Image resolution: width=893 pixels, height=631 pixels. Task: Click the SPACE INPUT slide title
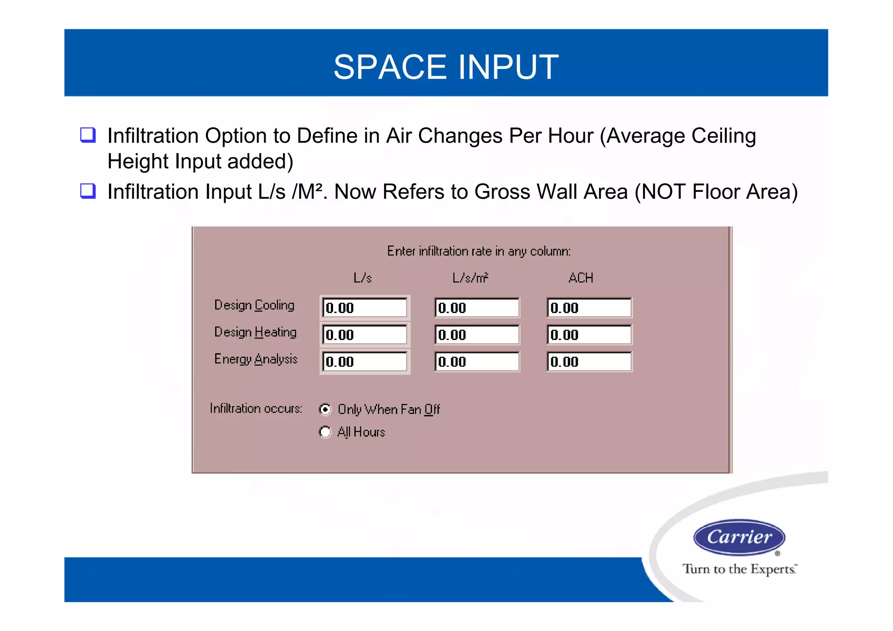(x=446, y=67)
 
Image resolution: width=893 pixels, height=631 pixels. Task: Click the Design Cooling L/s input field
(x=365, y=308)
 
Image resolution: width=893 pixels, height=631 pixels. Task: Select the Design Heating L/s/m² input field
(x=477, y=335)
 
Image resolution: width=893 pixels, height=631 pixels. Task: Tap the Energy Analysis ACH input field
(x=589, y=362)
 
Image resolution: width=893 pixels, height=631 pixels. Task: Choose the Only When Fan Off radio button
(x=325, y=409)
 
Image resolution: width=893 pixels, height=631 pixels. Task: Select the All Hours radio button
(x=325, y=432)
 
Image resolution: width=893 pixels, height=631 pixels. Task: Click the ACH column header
(x=580, y=278)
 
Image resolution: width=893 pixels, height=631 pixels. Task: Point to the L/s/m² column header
(x=470, y=278)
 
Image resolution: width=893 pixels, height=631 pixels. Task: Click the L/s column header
(x=362, y=278)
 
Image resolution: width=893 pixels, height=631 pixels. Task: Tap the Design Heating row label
(x=255, y=332)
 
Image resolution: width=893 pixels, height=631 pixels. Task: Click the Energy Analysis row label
(x=256, y=359)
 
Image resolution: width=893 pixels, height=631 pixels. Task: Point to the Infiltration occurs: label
(x=256, y=409)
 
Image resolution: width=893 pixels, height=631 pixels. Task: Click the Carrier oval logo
(x=739, y=537)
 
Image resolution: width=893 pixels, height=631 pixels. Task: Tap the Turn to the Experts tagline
(x=740, y=569)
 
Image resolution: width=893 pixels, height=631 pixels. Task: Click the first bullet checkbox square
(x=88, y=135)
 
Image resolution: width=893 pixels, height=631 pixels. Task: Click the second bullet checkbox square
(x=88, y=191)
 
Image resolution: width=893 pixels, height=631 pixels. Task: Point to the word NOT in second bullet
(x=663, y=192)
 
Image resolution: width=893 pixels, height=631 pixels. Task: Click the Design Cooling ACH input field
(x=589, y=308)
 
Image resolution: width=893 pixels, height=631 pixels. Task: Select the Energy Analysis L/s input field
(x=365, y=362)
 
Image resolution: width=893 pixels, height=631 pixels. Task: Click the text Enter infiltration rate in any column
(x=478, y=251)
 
